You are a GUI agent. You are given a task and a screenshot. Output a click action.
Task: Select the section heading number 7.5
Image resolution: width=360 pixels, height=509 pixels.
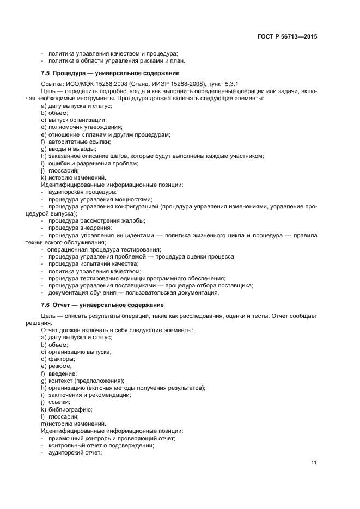(46, 72)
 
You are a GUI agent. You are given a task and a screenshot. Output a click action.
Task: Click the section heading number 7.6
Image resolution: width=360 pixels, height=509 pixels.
(46, 305)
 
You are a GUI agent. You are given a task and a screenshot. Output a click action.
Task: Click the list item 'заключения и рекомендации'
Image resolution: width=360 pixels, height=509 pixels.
(89, 395)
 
